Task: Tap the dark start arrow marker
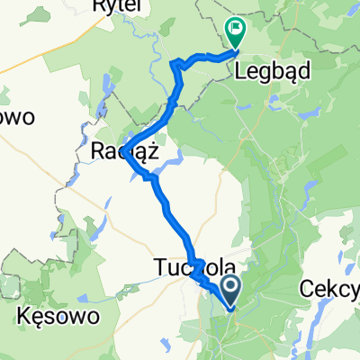click(229, 289)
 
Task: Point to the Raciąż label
click(125, 152)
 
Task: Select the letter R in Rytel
click(97, 5)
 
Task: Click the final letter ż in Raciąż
click(153, 152)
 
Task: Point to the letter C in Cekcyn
click(306, 289)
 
